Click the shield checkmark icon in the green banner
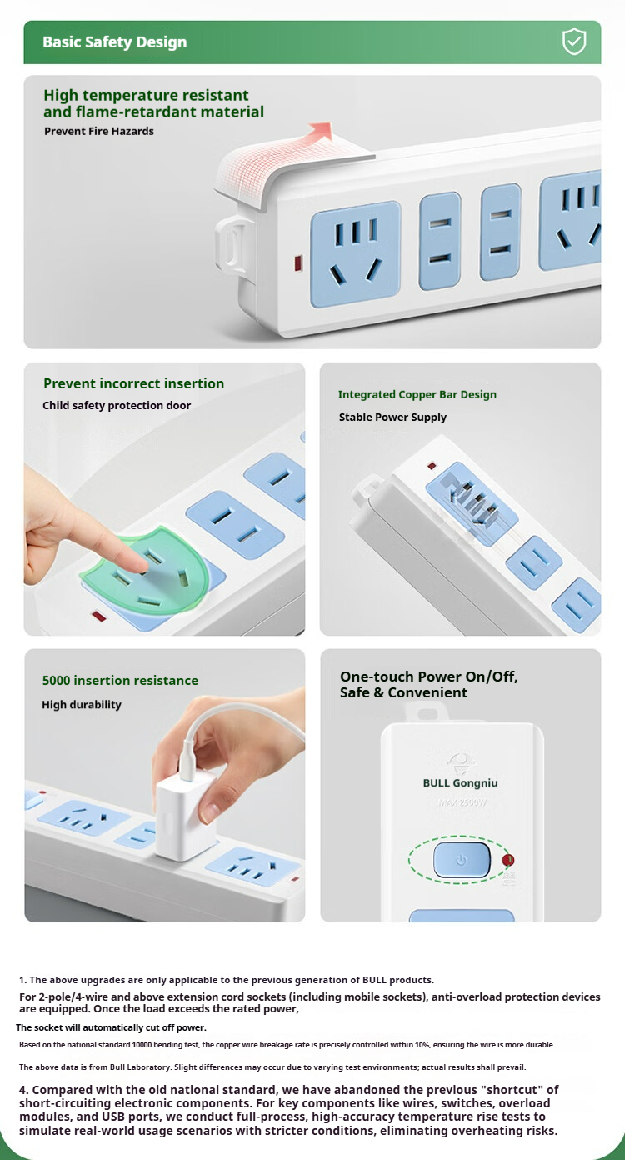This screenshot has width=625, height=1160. point(574,42)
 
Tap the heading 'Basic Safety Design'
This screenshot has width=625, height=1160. point(114,42)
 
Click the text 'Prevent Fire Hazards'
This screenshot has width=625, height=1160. point(99,131)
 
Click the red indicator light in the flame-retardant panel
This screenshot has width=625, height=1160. point(298,263)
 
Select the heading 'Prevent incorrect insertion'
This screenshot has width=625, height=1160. point(133,383)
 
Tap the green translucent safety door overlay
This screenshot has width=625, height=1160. point(146,571)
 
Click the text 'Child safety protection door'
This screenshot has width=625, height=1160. point(117,405)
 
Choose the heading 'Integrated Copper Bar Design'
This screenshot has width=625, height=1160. point(417,394)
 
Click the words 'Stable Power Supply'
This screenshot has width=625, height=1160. point(392,417)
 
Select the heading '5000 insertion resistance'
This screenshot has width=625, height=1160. point(120,680)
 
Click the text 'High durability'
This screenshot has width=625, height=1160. point(82,704)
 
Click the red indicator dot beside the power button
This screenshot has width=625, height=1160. point(508,860)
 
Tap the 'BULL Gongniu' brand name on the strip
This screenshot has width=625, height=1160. point(460,783)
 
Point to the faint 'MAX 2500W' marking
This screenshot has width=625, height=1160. point(462,802)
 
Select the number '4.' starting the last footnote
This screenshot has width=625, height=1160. point(24,1089)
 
